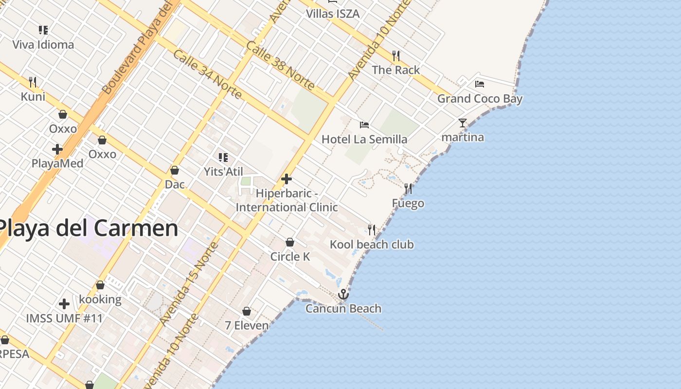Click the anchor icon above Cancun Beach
pos(343,294)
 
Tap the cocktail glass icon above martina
pos(463,123)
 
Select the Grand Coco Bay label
pos(480,99)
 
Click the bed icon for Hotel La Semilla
pos(364,125)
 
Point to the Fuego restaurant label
pos(408,203)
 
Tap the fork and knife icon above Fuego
pos(408,188)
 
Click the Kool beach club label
pos(372,244)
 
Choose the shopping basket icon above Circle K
pos(290,242)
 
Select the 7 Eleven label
pos(247,325)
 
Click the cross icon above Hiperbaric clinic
pos(287,179)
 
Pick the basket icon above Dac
pos(175,170)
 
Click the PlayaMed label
pos(57,163)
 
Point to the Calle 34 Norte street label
pos(207,74)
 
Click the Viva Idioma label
pos(43,45)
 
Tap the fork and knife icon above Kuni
pos(33,82)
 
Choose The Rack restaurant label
pos(396,70)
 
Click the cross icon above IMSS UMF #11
pos(64,304)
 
